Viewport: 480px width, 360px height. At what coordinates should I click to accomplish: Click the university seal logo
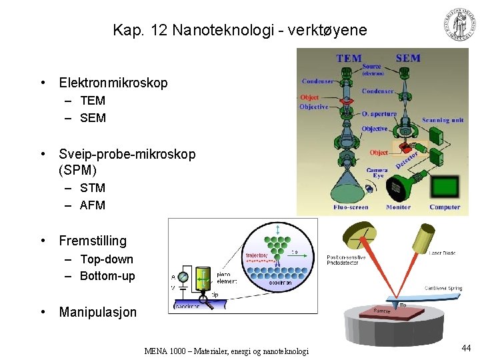coord(460,25)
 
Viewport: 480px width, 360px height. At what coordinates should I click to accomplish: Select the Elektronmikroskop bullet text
coord(113,83)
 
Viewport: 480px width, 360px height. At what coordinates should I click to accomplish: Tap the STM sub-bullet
coord(93,188)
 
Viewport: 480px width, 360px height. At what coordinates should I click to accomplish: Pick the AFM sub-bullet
coord(93,205)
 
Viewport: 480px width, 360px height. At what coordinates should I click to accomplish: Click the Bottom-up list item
coord(107,276)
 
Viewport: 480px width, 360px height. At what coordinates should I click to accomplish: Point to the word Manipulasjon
coord(98,312)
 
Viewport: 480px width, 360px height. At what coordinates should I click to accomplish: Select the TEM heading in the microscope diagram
coord(349,59)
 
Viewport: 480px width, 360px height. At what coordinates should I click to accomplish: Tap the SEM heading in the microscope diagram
coord(407,58)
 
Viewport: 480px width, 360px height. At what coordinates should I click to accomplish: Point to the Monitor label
coord(399,207)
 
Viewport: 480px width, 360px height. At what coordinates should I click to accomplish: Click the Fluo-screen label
coord(351,207)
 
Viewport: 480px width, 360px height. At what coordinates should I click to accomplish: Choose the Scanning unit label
coord(443,121)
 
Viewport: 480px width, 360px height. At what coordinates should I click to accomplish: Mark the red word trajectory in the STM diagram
coord(256,254)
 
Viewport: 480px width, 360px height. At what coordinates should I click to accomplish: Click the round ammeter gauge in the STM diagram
coord(183,276)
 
